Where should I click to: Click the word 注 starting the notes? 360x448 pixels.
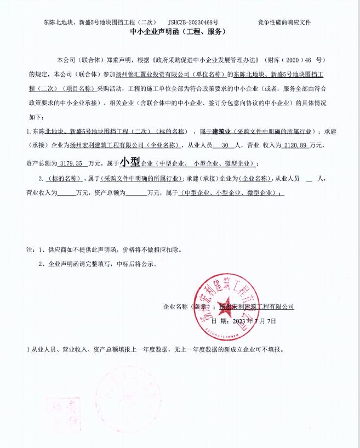pyautogui.click(x=29, y=249)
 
